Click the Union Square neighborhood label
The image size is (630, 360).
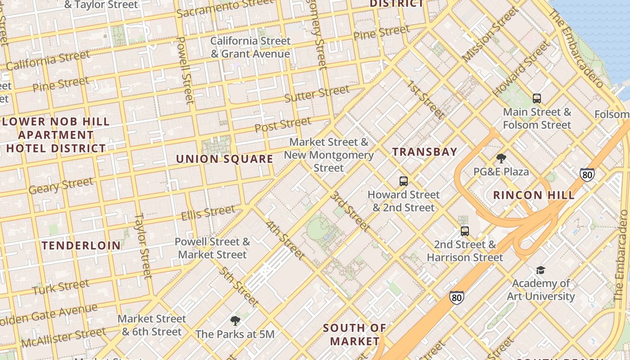tap(224, 159)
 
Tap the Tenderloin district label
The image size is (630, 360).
tap(81, 245)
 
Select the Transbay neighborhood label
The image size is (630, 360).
tap(424, 152)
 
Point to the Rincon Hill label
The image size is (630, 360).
tap(534, 195)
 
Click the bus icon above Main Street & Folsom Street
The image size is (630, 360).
tap(536, 99)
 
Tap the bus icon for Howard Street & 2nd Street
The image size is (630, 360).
tap(404, 181)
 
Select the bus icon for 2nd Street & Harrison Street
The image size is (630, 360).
tap(465, 231)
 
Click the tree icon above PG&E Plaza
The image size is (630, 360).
tap(501, 158)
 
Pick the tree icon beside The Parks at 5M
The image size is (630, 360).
tap(235, 321)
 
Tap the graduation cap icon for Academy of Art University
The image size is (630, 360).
tap(540, 270)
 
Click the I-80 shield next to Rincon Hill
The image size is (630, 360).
tap(587, 175)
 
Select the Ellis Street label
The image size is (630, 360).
tap(208, 213)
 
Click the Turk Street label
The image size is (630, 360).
tap(61, 287)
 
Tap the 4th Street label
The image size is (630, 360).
tap(285, 240)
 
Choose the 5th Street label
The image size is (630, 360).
tap(239, 286)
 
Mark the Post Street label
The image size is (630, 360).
tap(283, 125)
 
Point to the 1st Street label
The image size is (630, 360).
tap(426, 100)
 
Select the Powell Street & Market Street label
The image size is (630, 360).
tap(212, 248)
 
